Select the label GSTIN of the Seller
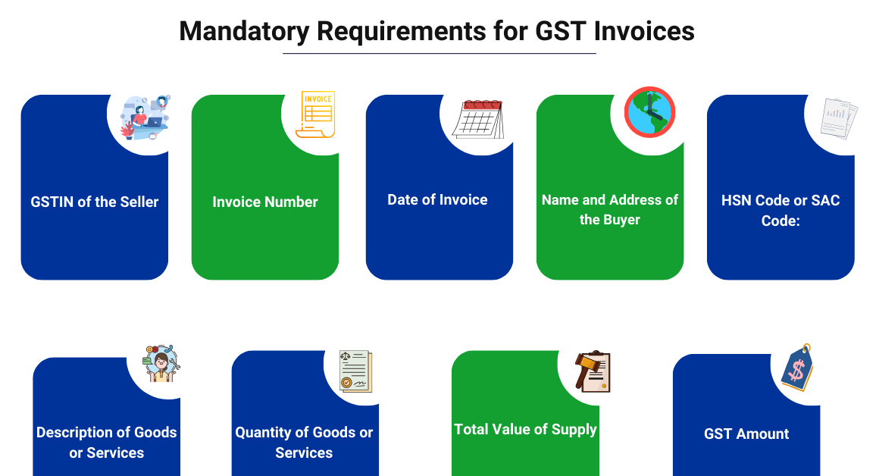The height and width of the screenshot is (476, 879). (x=95, y=202)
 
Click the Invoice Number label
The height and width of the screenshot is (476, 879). (x=265, y=202)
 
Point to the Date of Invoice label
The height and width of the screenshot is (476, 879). (x=437, y=199)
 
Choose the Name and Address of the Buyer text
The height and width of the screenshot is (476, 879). (x=610, y=210)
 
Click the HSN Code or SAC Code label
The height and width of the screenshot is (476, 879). (x=780, y=210)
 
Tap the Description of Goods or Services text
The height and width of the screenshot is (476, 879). (x=107, y=442)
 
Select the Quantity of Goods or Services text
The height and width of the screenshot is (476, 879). (x=304, y=442)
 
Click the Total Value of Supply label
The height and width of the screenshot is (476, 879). (x=525, y=429)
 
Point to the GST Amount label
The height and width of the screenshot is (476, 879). (x=746, y=434)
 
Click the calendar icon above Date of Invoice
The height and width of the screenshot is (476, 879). (x=478, y=119)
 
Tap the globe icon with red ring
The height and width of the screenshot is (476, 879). (x=649, y=111)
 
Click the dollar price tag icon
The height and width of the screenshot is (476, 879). (x=797, y=368)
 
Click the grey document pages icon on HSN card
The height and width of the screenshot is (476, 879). (x=839, y=119)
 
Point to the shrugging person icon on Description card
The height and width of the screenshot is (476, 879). (x=160, y=365)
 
